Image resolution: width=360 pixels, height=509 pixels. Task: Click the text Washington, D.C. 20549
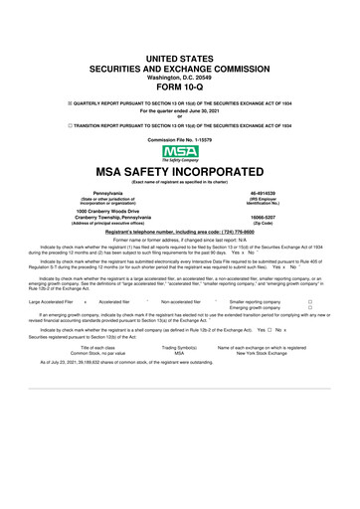pyautogui.click(x=180, y=75)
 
